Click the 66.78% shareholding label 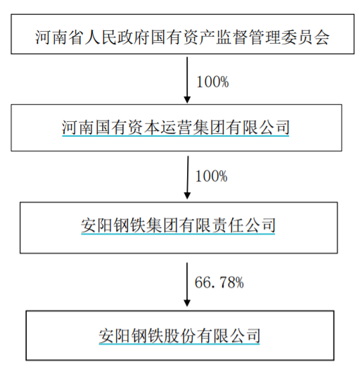click(219, 283)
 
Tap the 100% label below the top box click(212, 82)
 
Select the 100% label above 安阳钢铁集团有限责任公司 click(211, 176)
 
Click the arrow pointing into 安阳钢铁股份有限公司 click(187, 284)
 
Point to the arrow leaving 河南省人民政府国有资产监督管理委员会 click(187, 80)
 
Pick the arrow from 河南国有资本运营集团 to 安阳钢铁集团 click(188, 177)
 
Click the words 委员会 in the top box click(305, 37)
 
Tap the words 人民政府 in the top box click(117, 37)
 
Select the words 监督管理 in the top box click(248, 37)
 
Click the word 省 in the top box click(76, 37)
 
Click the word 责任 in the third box click(227, 225)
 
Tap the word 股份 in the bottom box click(179, 336)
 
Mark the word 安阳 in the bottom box click(115, 336)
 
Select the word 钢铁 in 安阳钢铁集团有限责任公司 click(129, 225)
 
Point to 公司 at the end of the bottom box click(244, 336)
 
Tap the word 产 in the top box click(207, 37)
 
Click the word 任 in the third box click(236, 225)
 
